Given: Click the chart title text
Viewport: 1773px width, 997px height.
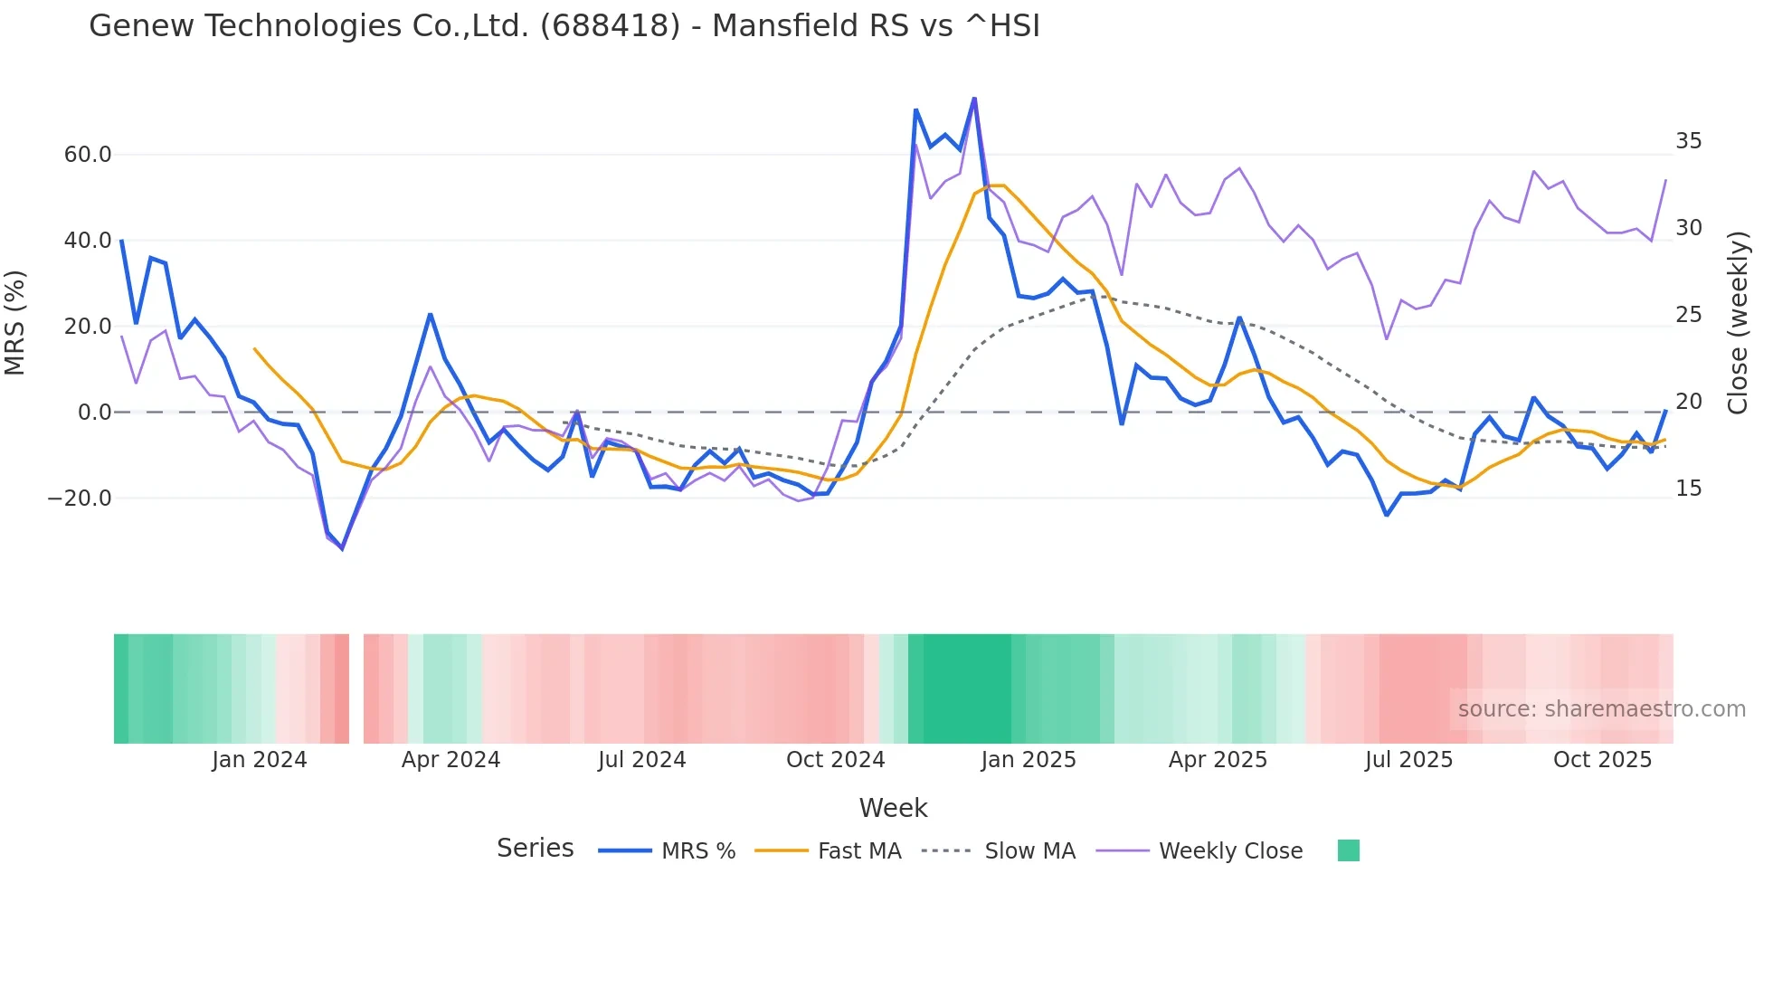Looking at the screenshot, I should point(564,26).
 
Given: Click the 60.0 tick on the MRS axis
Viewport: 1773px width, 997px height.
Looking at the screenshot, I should point(88,155).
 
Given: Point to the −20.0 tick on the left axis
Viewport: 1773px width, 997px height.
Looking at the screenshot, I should point(80,498).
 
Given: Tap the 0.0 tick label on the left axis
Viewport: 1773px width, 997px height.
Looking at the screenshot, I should point(94,413).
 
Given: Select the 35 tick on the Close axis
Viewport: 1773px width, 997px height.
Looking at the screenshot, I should point(1688,141).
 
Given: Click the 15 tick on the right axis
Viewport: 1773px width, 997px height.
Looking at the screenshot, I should point(1688,489).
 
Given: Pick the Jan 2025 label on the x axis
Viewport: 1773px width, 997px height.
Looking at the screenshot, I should point(1029,760).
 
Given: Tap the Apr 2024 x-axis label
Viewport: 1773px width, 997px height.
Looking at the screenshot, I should point(450,760).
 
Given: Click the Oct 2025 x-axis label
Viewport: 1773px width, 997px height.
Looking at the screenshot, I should point(1602,760).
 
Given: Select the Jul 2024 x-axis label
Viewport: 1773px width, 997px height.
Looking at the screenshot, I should point(641,760).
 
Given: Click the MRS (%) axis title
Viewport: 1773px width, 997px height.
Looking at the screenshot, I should point(15,323).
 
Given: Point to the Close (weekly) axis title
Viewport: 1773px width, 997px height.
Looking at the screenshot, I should point(1738,323).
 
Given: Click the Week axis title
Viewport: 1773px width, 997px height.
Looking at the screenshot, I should point(893,808).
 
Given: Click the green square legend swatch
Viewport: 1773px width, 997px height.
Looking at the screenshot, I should point(1348,851).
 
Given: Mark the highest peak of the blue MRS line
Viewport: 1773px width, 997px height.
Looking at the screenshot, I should point(974,98).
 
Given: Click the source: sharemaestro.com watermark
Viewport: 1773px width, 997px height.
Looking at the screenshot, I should point(1601,709).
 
